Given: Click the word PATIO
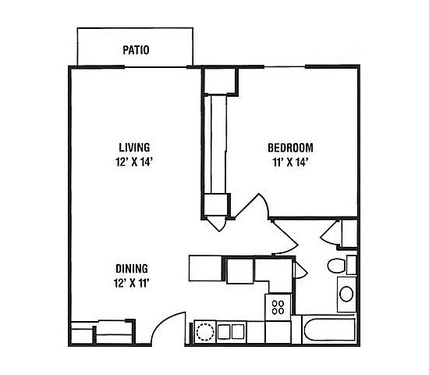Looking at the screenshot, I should (136, 51).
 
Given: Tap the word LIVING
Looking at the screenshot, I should (134, 147).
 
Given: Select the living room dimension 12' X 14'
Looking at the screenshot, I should (134, 162).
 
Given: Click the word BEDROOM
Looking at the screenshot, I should (290, 147).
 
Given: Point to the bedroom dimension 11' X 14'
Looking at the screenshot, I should (290, 162).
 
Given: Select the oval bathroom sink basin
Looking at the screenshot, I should (346, 295).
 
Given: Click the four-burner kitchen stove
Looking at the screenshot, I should (277, 307).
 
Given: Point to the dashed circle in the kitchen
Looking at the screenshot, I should (204, 331).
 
